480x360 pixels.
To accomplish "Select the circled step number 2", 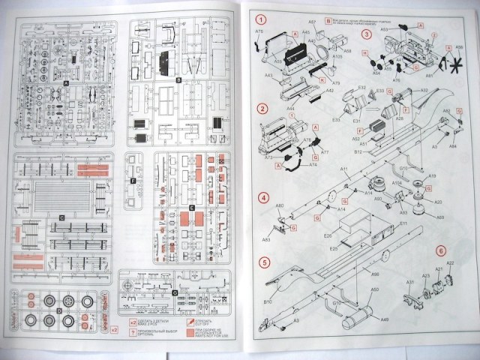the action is click(262, 109).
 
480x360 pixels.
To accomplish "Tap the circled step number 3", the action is click(367, 34).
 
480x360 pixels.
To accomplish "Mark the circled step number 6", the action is click(441, 250).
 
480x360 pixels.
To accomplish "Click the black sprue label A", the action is click(66, 84).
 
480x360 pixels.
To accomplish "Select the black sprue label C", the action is click(62, 217).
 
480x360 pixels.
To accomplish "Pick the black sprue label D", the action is click(58, 309).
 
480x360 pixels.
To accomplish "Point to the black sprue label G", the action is click(173, 292).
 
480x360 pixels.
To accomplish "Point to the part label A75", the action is click(259, 32).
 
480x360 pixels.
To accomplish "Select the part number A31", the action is click(410, 281).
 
